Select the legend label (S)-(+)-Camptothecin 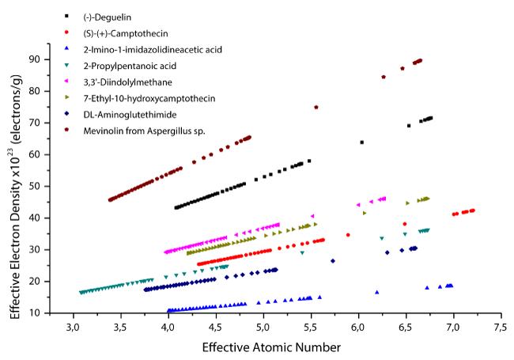coord(126,33)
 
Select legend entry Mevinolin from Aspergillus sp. coord(144,131)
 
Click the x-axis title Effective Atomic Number coord(270,347)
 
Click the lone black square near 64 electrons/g coord(362,142)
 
